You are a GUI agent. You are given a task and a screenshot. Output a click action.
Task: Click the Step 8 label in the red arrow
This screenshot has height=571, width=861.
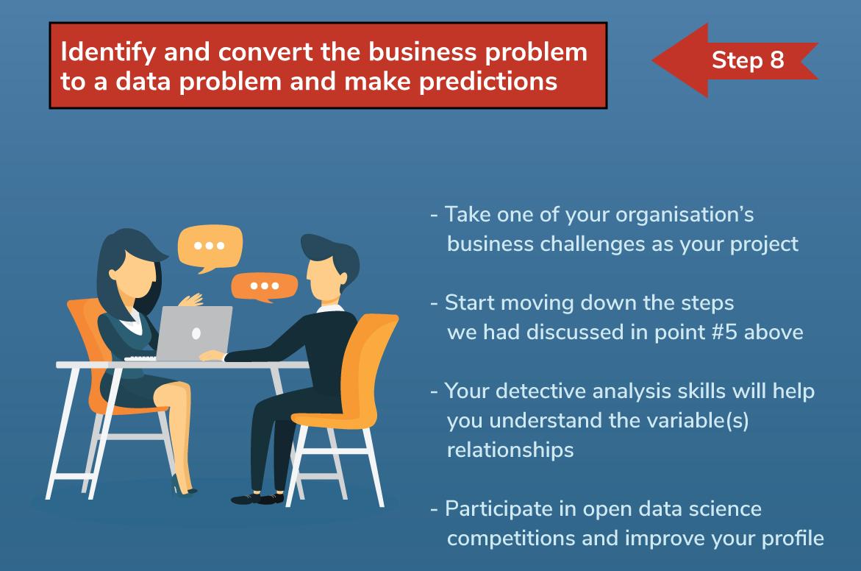(x=748, y=60)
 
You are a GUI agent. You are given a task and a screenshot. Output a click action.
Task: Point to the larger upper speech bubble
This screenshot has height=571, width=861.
(x=210, y=247)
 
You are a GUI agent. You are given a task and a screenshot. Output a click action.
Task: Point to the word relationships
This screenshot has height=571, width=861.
(x=510, y=450)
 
